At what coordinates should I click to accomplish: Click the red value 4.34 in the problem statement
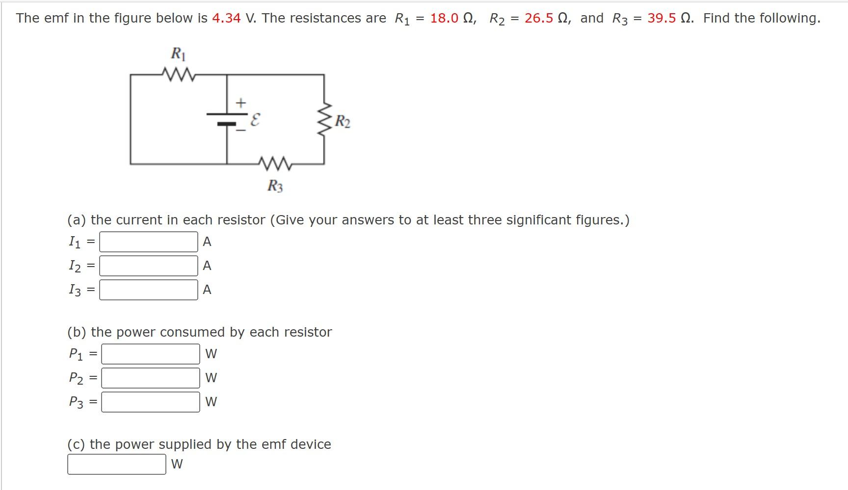tap(226, 18)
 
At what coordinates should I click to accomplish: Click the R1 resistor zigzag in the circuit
tap(179, 75)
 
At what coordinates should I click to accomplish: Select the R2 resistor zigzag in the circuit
tap(324, 121)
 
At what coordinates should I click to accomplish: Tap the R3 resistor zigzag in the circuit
tap(275, 164)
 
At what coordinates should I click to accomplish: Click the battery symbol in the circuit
tap(227, 119)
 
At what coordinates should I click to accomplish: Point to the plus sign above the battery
tap(240, 103)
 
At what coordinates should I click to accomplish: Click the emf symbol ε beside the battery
tap(255, 120)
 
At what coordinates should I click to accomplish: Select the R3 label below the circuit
tap(275, 186)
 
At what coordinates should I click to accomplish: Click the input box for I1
tap(149, 242)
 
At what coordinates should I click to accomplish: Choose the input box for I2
tap(149, 266)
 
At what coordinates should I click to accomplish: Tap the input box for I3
tap(149, 290)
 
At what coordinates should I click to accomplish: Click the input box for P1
tap(151, 354)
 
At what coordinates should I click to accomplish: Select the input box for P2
tap(151, 378)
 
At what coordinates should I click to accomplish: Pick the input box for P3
tap(151, 402)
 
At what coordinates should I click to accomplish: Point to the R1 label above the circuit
tap(178, 53)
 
